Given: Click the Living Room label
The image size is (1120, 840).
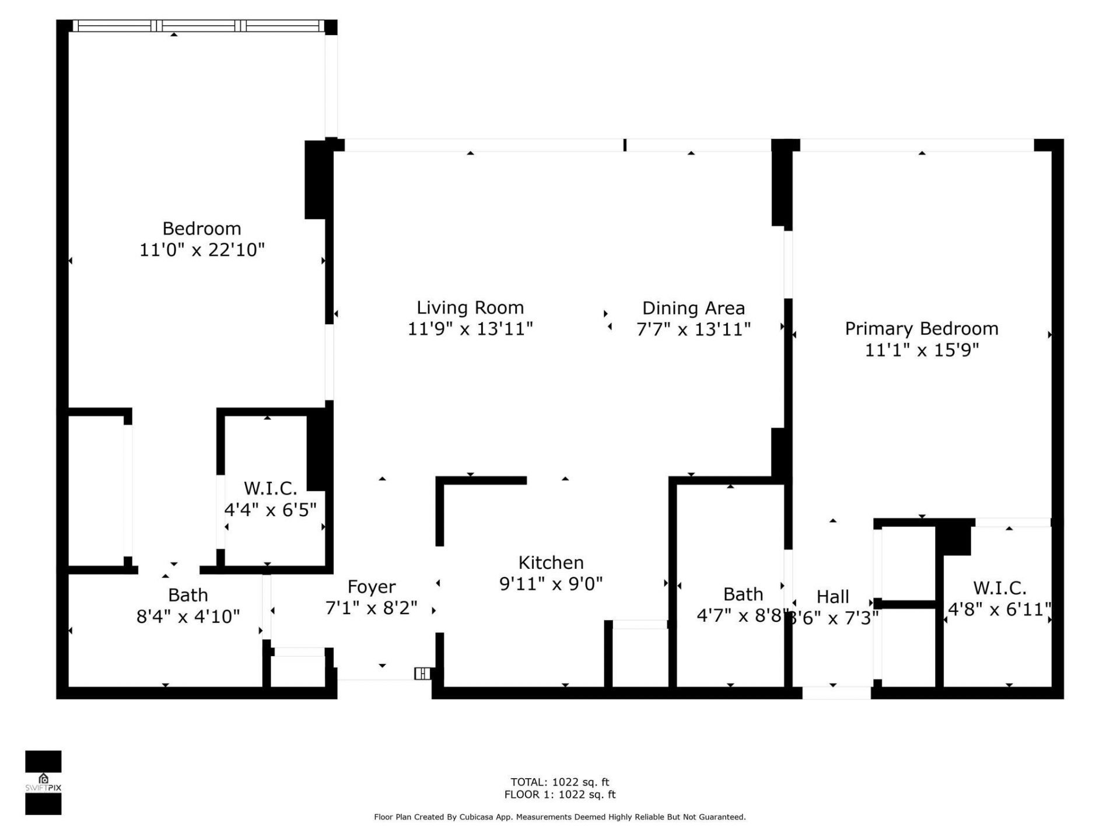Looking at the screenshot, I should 470,307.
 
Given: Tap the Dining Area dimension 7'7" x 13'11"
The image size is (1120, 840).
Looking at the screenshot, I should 693,330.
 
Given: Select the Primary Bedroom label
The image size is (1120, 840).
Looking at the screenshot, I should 921,328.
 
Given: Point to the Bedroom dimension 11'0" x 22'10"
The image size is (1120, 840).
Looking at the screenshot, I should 202,250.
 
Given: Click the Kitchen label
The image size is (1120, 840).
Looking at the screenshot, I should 551,562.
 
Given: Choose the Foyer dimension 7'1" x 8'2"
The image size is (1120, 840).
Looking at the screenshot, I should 371,608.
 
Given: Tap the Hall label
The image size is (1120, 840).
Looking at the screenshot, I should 832,596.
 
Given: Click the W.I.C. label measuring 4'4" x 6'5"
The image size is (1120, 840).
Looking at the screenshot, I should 270,488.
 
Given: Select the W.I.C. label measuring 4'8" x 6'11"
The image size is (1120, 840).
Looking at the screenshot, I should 999,587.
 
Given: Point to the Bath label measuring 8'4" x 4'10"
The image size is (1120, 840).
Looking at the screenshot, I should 188,595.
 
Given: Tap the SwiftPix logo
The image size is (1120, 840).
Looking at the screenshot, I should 43,782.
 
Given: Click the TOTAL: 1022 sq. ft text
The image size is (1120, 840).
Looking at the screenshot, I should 559,782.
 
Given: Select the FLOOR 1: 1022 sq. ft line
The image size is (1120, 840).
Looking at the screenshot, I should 559,794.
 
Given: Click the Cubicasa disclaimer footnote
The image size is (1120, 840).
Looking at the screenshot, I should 559,817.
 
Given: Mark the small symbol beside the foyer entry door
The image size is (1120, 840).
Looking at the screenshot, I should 422,674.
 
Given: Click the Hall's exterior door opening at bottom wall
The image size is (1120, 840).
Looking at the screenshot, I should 836,693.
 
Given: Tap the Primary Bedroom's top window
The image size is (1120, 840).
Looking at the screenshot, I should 916,145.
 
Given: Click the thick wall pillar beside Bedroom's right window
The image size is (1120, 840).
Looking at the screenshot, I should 316,180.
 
